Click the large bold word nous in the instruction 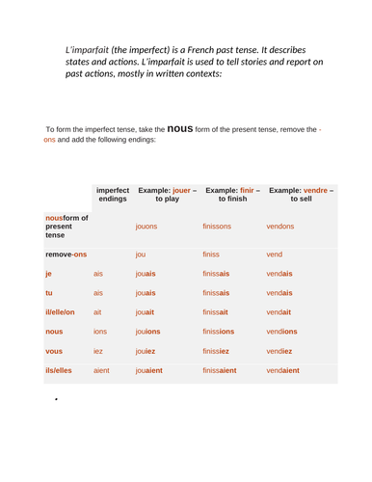[x=180, y=126]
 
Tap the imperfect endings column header [x=112, y=195]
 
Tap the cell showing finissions [x=223, y=331]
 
